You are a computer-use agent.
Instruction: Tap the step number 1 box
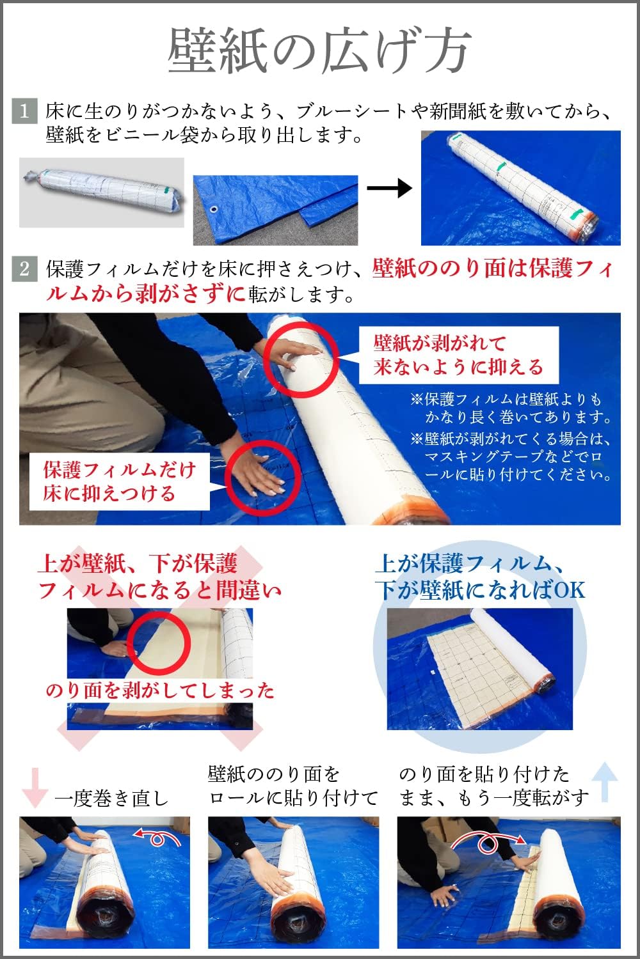click(24, 111)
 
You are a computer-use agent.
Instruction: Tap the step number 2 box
click(24, 269)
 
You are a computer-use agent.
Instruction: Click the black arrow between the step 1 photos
click(389, 188)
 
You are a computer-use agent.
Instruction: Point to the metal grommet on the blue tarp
click(213, 211)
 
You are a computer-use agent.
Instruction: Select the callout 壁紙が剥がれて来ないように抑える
click(458, 355)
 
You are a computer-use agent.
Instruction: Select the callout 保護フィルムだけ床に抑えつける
click(119, 482)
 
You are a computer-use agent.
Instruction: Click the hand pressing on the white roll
click(298, 352)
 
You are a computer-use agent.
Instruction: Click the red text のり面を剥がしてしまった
click(160, 690)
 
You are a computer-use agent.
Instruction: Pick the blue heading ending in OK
click(480, 577)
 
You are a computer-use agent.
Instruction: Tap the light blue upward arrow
click(605, 781)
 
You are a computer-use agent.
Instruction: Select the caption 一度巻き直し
click(111, 798)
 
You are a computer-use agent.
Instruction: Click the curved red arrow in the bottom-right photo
click(488, 841)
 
